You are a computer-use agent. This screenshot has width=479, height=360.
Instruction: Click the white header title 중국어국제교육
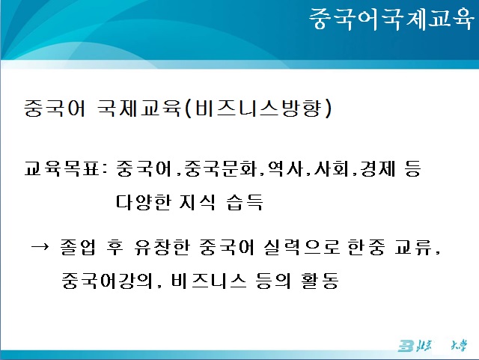(391, 19)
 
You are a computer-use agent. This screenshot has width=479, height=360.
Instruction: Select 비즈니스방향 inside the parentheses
(258, 108)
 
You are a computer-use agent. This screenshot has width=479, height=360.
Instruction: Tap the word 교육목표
(61, 168)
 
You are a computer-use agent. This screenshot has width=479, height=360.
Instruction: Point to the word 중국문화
(221, 168)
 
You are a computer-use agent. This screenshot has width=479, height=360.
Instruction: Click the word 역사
(285, 168)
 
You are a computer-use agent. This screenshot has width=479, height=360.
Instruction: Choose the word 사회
(332, 168)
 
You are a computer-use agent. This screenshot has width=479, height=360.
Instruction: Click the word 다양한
(143, 201)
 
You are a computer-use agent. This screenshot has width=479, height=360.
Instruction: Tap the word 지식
(198, 201)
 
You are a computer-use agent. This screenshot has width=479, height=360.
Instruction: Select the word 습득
(245, 201)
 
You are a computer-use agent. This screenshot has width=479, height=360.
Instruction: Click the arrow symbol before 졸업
(40, 246)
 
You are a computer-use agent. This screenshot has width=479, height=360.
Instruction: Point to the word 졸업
(78, 247)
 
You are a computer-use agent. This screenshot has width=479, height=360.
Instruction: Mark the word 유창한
(162, 247)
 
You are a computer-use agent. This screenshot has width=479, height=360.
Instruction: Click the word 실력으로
(302, 247)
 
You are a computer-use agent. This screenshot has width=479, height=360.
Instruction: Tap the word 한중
(366, 247)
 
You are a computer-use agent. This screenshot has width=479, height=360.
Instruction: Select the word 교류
(413, 247)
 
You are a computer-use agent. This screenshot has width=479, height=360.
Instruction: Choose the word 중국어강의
(107, 281)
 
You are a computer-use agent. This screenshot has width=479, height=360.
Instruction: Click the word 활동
(320, 281)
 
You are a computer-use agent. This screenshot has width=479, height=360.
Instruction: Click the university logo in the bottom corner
(433, 345)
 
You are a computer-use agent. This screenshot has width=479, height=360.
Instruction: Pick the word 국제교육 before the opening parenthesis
(139, 108)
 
